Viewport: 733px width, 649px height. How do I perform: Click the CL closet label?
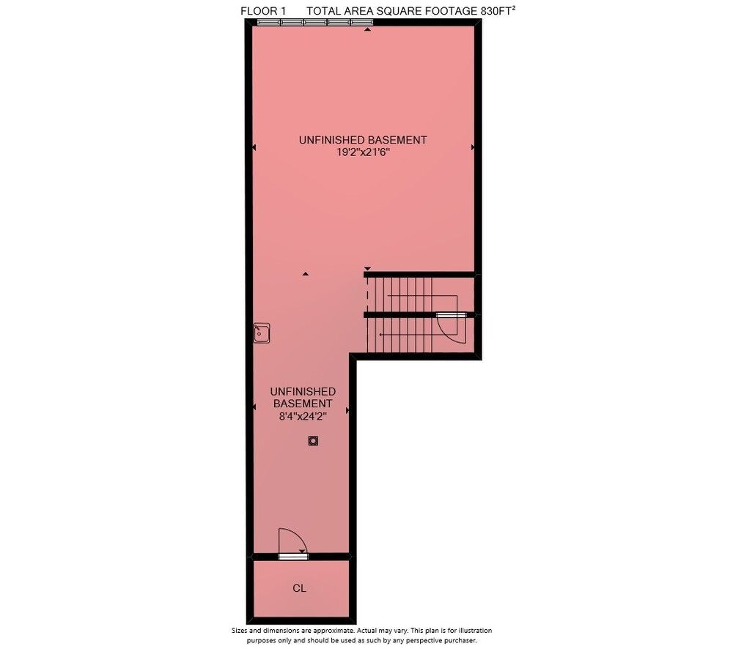[x=299, y=588]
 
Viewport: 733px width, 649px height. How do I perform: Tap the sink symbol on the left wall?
[x=262, y=333]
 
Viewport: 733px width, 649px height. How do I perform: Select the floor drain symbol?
[x=313, y=441]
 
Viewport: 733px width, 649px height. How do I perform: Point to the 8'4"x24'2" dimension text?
[x=303, y=416]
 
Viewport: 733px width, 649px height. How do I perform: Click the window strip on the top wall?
[x=315, y=22]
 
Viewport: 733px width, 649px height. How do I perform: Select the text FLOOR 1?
[x=263, y=11]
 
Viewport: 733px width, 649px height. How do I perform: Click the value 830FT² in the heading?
[x=498, y=11]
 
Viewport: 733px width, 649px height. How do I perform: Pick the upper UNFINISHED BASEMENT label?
[x=363, y=140]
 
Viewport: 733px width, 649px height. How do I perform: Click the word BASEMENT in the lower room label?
[x=303, y=404]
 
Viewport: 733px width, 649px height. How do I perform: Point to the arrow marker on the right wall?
[x=473, y=147]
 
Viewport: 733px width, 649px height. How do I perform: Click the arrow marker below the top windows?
[x=368, y=29]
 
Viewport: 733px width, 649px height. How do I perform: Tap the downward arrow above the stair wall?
[x=367, y=269]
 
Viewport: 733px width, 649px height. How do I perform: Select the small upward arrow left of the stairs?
[x=305, y=274]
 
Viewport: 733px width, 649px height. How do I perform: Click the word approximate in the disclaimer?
[x=336, y=630]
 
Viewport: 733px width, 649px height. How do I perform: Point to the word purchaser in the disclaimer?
[x=461, y=640]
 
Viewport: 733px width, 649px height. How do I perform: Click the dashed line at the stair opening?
[x=367, y=294]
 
